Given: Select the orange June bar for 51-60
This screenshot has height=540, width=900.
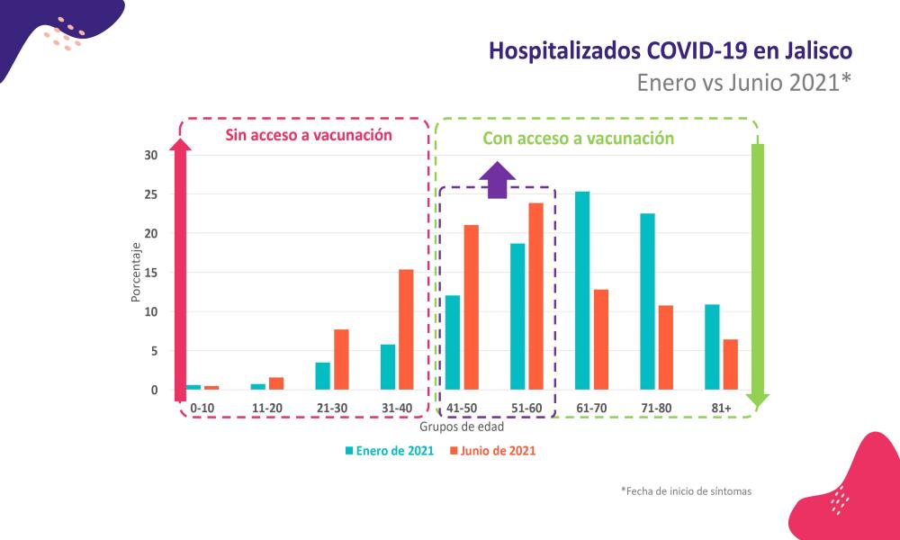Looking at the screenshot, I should pyautogui.click(x=535, y=296).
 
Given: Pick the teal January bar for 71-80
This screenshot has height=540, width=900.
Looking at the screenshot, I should pyautogui.click(x=647, y=301).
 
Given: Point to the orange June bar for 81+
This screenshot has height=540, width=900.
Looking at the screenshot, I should pyautogui.click(x=730, y=364).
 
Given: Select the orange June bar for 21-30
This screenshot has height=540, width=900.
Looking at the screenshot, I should pyautogui.click(x=341, y=359).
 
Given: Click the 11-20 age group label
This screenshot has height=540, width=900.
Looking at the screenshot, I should pyautogui.click(x=267, y=408).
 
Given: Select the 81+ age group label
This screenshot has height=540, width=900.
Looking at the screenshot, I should pyautogui.click(x=722, y=408).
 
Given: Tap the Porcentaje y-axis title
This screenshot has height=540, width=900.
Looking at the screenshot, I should pyautogui.click(x=136, y=272).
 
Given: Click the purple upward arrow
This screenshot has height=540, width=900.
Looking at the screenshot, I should pyautogui.click(x=498, y=180).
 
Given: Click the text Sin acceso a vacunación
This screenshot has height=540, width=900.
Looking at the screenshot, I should pyautogui.click(x=309, y=136).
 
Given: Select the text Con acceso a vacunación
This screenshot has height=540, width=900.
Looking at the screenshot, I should pyautogui.click(x=578, y=139).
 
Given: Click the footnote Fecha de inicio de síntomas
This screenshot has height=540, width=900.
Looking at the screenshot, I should pyautogui.click(x=686, y=491).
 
